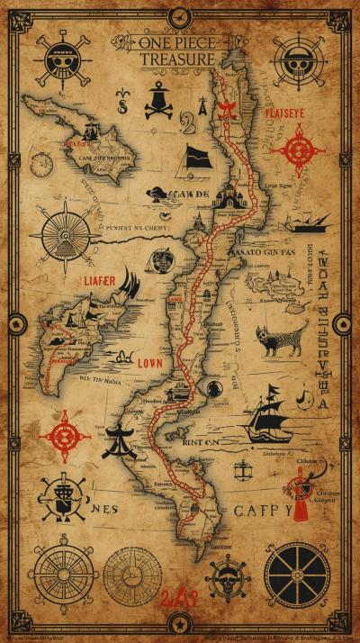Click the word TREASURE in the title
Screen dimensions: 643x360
click(x=177, y=59)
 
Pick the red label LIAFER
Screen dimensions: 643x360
click(x=100, y=280)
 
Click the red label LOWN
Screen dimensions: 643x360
click(x=149, y=364)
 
